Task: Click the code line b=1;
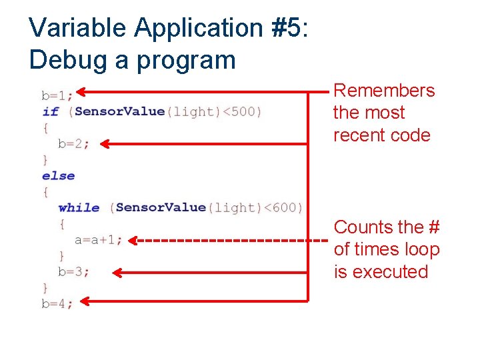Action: tap(56, 95)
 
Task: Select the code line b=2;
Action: tap(73, 143)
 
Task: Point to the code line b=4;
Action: tap(57, 303)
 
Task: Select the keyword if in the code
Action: tap(50, 111)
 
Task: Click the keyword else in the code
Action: tap(58, 175)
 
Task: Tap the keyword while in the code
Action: tap(79, 207)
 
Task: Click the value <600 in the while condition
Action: tap(285, 207)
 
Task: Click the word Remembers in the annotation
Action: tap(383, 91)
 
